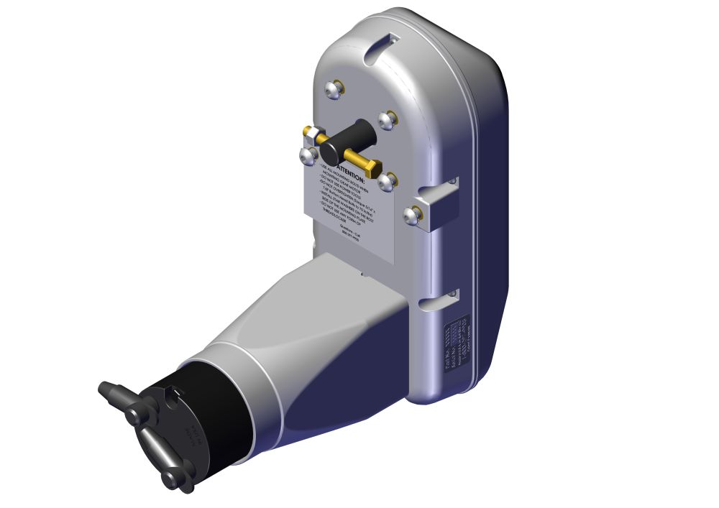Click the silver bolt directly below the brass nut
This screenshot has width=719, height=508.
pos(307,155)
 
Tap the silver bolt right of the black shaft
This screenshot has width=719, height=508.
pos(388,119)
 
